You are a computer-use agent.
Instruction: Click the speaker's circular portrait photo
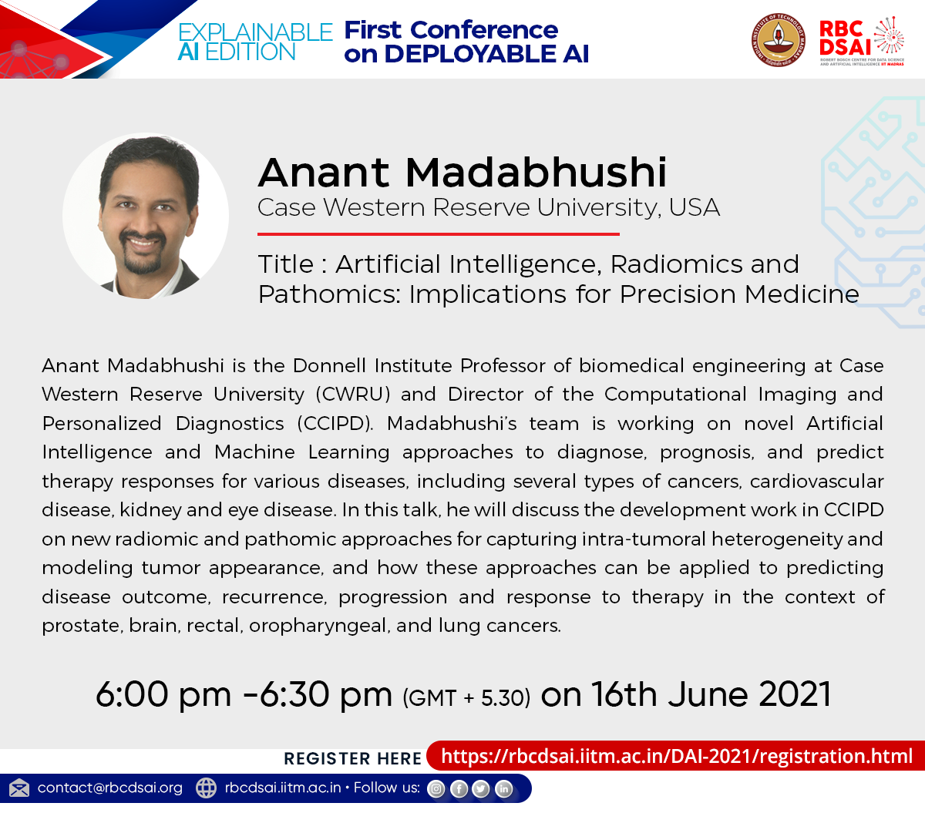click(x=146, y=217)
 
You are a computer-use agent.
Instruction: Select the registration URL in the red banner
click(x=676, y=756)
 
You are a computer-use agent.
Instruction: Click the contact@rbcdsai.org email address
click(x=109, y=788)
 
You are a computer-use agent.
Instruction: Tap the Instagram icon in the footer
click(x=436, y=788)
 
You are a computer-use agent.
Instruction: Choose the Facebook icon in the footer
click(x=459, y=788)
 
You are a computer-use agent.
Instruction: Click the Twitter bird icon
click(x=481, y=788)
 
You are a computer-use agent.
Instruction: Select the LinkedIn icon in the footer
click(x=503, y=788)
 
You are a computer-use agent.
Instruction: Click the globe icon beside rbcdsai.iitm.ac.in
click(x=206, y=788)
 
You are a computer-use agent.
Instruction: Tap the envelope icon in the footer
click(x=19, y=788)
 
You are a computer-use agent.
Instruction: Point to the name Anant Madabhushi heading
click(x=462, y=172)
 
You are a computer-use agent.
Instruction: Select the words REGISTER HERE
click(x=352, y=758)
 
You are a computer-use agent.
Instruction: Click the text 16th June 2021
click(x=711, y=694)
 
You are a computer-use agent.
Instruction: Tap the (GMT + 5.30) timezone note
click(x=466, y=698)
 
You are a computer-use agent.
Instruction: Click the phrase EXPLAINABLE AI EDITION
click(x=254, y=42)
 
